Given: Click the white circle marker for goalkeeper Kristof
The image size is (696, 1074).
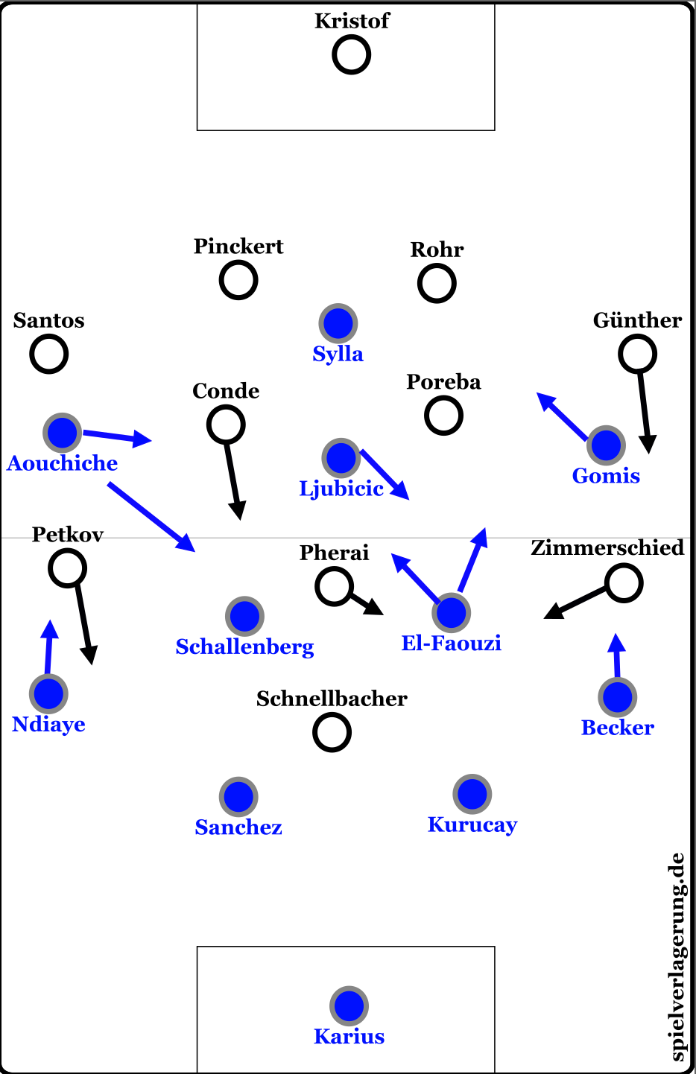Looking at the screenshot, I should point(351,55).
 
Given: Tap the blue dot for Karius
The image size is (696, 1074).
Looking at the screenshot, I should point(349,1005).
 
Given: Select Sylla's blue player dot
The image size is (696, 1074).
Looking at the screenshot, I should point(338,324).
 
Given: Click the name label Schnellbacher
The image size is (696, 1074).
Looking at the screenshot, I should point(332,699).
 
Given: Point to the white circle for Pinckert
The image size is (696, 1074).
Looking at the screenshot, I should point(238,281).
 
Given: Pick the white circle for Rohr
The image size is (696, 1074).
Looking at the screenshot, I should point(437,284).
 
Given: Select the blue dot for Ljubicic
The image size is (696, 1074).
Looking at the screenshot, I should point(341,458).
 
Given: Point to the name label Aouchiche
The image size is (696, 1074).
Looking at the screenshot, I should point(63,463).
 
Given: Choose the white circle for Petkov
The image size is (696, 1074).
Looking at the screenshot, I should point(67,568).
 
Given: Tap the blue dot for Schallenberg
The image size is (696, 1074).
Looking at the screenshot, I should point(244,616).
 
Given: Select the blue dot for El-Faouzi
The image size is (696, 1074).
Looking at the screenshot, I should point(451,613).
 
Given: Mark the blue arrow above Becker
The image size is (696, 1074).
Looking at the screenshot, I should point(616,655).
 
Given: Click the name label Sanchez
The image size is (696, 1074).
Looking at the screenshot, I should point(238,827).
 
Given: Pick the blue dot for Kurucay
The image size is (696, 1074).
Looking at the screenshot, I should point(472,794).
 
